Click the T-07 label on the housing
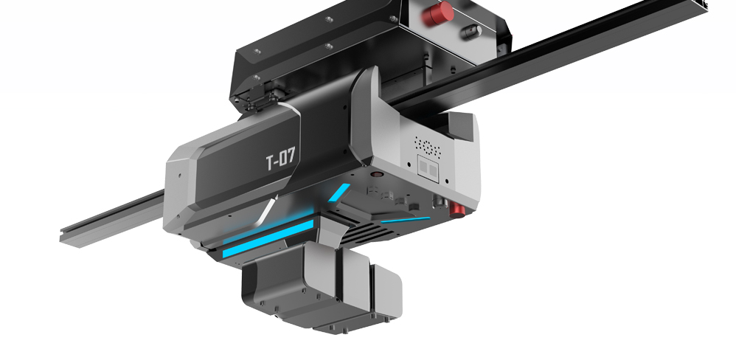pyautogui.click(x=281, y=159)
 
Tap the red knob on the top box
pyautogui.click(x=437, y=13)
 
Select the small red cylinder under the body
pyautogui.click(x=457, y=210)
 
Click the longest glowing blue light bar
pyautogui.click(x=268, y=238)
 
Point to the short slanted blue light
pyautogui.click(x=339, y=193)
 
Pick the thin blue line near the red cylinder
pyautogui.click(x=405, y=219)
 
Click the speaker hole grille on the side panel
pyautogui.click(x=427, y=147)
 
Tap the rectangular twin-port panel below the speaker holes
pyautogui.click(x=428, y=168)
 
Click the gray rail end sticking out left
pyautogui.click(x=111, y=218)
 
